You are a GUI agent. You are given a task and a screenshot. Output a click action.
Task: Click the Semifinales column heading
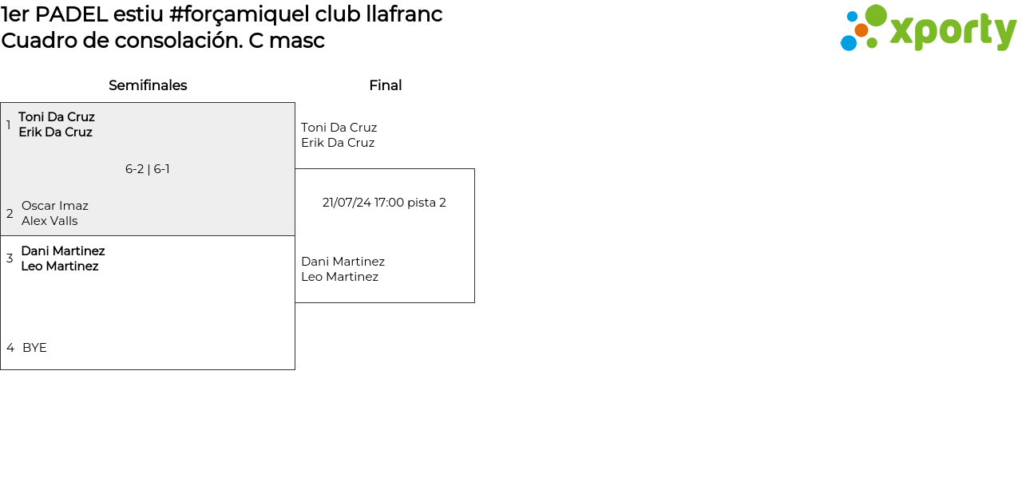[x=148, y=85]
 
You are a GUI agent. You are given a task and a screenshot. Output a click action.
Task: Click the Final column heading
[x=386, y=85]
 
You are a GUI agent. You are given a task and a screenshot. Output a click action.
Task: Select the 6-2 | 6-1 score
[x=148, y=169]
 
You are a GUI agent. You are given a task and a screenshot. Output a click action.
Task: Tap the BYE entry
[x=34, y=348]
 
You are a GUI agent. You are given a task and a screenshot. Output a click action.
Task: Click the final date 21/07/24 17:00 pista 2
[x=384, y=203]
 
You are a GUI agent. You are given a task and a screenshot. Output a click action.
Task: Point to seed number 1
[x=8, y=124]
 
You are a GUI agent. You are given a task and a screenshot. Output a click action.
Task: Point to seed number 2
[x=10, y=213]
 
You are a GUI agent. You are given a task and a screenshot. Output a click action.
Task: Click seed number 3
[x=10, y=258]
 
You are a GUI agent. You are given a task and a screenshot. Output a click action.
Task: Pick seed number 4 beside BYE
[x=10, y=348]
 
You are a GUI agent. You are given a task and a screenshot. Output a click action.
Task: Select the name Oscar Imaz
[x=55, y=206]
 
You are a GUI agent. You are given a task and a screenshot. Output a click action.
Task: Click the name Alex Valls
[x=50, y=221]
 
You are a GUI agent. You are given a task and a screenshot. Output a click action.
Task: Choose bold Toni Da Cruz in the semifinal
[x=57, y=116]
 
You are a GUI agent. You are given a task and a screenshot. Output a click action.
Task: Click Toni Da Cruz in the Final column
[x=339, y=127]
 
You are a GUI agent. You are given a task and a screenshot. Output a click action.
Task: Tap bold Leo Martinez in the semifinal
[x=60, y=266]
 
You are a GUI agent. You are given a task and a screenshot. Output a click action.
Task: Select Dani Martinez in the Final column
[x=343, y=262]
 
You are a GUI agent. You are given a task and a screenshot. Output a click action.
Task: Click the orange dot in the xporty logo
[x=862, y=30]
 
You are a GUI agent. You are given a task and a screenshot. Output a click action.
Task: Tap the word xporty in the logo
[x=953, y=31]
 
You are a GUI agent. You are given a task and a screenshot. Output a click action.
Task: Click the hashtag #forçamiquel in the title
[x=239, y=14]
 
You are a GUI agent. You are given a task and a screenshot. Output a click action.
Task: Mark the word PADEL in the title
[x=71, y=14]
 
